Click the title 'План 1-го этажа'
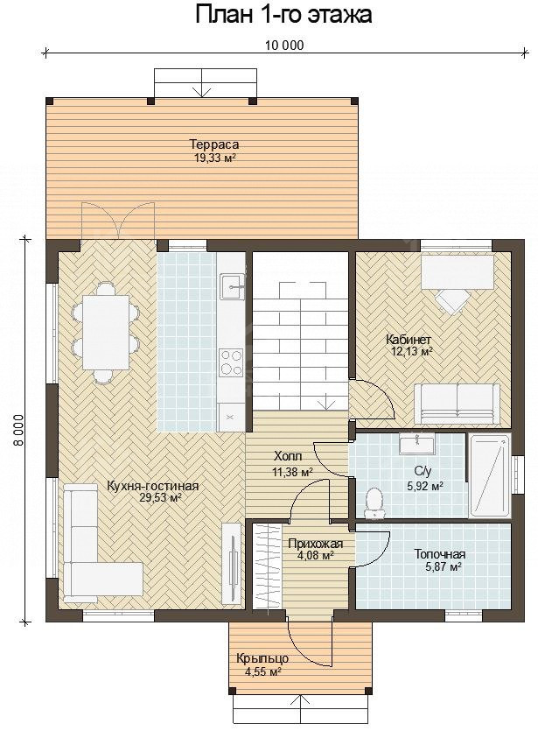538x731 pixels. pyautogui.click(x=283, y=15)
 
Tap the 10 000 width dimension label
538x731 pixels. pyautogui.click(x=284, y=46)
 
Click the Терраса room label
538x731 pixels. pyautogui.click(x=213, y=144)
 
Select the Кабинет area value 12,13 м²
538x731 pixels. pyautogui.click(x=410, y=350)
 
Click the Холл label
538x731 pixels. pyautogui.click(x=288, y=456)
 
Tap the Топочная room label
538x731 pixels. pyautogui.click(x=440, y=554)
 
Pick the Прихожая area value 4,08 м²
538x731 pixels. pyautogui.click(x=315, y=555)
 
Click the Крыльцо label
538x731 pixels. pyautogui.click(x=262, y=658)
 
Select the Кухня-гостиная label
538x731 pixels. pyautogui.click(x=153, y=486)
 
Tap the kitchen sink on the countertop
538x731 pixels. pyautogui.click(x=232, y=286)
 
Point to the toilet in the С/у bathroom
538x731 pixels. pyautogui.click(x=374, y=503)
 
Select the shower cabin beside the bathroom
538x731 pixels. pyautogui.click(x=490, y=476)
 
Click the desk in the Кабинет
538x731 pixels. pyautogui.click(x=458, y=272)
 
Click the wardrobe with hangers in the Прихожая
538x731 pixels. pyautogui.click(x=268, y=566)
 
